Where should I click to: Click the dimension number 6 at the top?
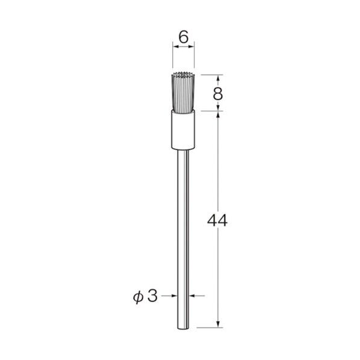(184, 37)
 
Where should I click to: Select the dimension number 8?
(218, 93)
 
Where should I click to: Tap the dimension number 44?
(217, 220)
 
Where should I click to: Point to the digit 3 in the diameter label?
(152, 296)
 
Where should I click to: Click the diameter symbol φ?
(138, 297)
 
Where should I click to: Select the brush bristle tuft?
(184, 93)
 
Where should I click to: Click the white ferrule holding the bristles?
(184, 129)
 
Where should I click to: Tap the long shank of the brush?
(183, 239)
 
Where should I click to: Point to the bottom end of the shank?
(183, 329)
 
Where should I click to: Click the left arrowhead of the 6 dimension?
(176, 46)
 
